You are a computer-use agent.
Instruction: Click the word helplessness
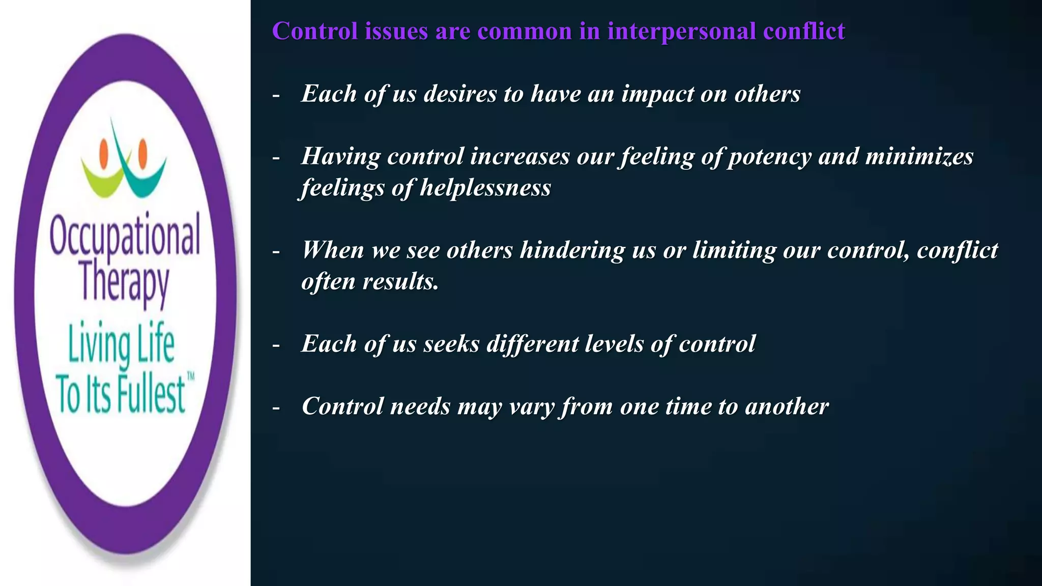pyautogui.click(x=485, y=188)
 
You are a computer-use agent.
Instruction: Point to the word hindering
pyautogui.click(x=572, y=250)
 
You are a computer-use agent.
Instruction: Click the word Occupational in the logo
pyautogui.click(x=125, y=235)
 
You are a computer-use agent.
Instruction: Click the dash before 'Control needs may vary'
pyautogui.click(x=276, y=407)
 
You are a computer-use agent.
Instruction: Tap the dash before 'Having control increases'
pyautogui.click(x=276, y=158)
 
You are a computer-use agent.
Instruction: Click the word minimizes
pyautogui.click(x=919, y=157)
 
